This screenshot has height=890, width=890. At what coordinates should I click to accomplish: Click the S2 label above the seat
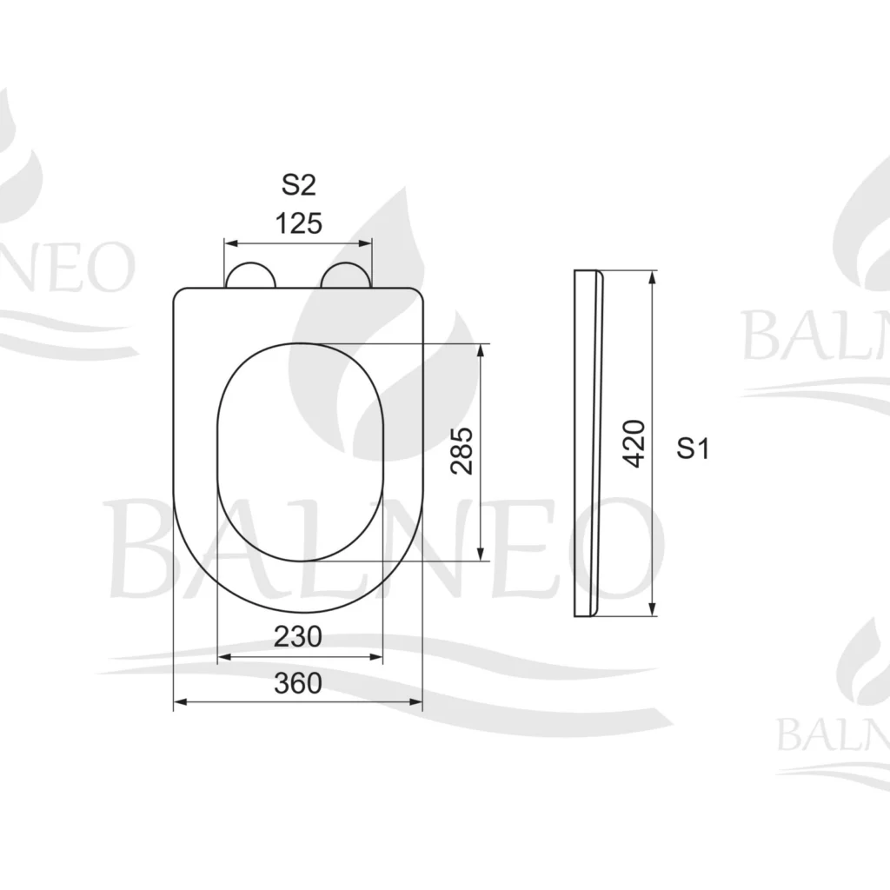299,184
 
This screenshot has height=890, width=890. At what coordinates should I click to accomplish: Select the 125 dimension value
299,223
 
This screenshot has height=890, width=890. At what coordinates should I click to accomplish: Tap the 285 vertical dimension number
462,451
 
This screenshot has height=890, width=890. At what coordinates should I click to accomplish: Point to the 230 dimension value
298,636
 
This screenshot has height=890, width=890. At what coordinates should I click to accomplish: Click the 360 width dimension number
298,683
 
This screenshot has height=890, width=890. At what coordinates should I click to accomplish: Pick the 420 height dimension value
634,444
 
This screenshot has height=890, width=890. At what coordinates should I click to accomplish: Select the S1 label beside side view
693,448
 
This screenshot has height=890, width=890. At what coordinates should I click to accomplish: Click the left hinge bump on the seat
250,276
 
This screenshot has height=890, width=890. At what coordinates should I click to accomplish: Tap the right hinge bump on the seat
346,276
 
